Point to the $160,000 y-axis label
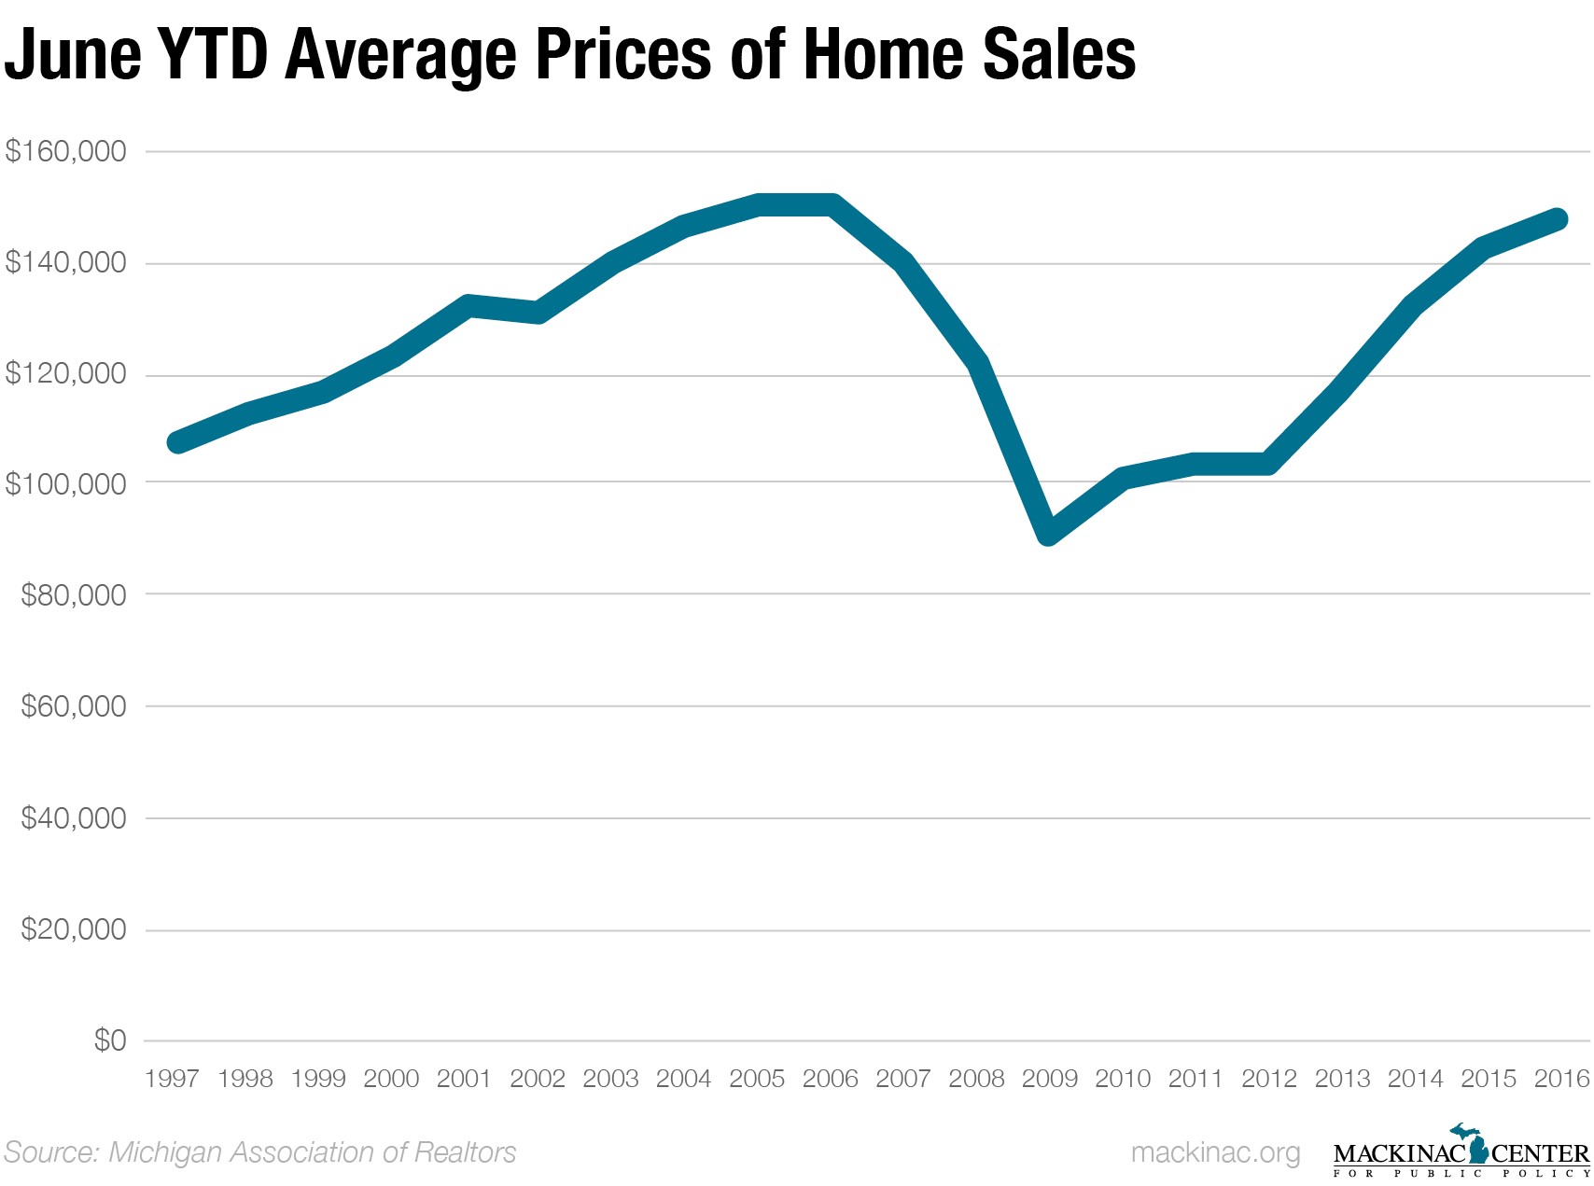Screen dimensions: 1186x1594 [x=65, y=151]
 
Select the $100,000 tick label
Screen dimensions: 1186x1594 [x=65, y=484]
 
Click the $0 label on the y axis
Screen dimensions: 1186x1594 [x=109, y=1040]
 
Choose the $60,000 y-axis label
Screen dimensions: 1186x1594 [x=73, y=706]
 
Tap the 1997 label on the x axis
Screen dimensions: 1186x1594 [x=173, y=1079]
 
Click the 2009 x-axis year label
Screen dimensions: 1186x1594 [x=1050, y=1079]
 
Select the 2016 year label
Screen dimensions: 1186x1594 [x=1561, y=1079]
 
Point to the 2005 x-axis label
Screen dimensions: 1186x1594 [x=757, y=1079]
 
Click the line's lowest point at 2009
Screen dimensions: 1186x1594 [x=1049, y=533]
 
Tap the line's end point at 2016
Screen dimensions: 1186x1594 [x=1557, y=219]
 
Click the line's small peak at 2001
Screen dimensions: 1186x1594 [x=468, y=305]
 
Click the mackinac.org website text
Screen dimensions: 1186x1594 [x=1215, y=1153]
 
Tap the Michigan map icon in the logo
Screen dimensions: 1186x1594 [x=1477, y=1144]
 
